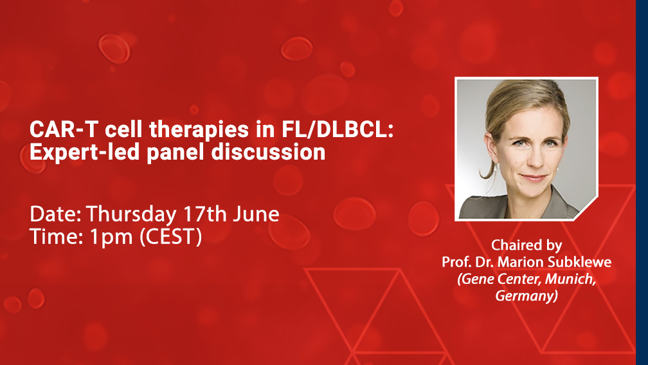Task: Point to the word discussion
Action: tap(268, 153)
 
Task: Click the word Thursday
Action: tap(131, 214)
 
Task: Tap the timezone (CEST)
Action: tap(171, 237)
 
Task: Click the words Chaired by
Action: tap(526, 245)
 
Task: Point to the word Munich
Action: tap(571, 279)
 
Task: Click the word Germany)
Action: tap(526, 296)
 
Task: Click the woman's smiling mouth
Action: tap(533, 178)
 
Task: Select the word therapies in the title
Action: tap(199, 130)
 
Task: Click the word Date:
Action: tap(55, 214)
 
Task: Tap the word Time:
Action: tap(57, 237)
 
